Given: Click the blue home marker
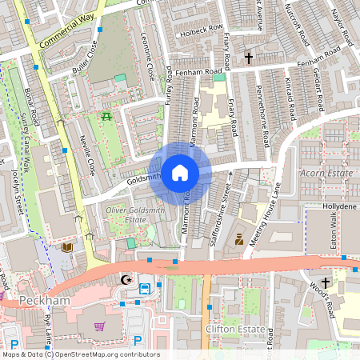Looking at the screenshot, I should click(180, 172).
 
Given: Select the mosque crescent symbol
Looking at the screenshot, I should click(125, 280).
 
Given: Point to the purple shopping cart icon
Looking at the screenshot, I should click(99, 326).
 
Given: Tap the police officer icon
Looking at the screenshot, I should click(238, 238).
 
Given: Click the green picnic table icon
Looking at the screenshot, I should click(106, 117).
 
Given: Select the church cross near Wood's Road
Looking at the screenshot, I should click(326, 282).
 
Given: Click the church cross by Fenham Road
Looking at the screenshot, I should click(248, 58).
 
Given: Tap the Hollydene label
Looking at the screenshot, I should click(339, 206).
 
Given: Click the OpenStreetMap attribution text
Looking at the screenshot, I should click(80, 354).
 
